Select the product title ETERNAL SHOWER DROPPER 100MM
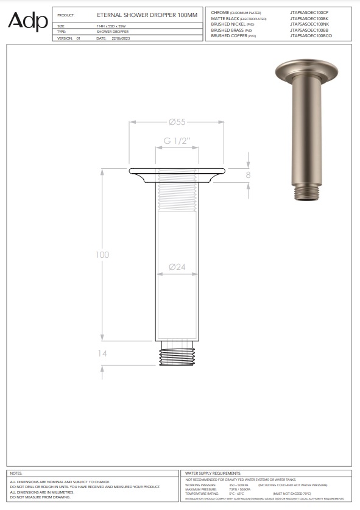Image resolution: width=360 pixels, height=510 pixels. pos(147,13)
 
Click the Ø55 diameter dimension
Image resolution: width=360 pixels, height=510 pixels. pos(177,122)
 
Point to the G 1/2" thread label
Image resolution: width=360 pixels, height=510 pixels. pos(177,141)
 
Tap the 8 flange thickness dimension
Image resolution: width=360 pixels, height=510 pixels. pos(248,175)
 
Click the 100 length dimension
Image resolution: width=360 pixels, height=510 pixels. pos(102,254)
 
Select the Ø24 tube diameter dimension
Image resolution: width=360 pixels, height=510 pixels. pos(177,267)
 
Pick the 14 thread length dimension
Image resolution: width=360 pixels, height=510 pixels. pos(102,353)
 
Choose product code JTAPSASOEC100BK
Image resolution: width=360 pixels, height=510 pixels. pos(309,18)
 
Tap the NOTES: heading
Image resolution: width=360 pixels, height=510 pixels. pos(16,473)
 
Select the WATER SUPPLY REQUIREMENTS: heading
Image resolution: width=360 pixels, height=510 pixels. pos(213,473)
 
